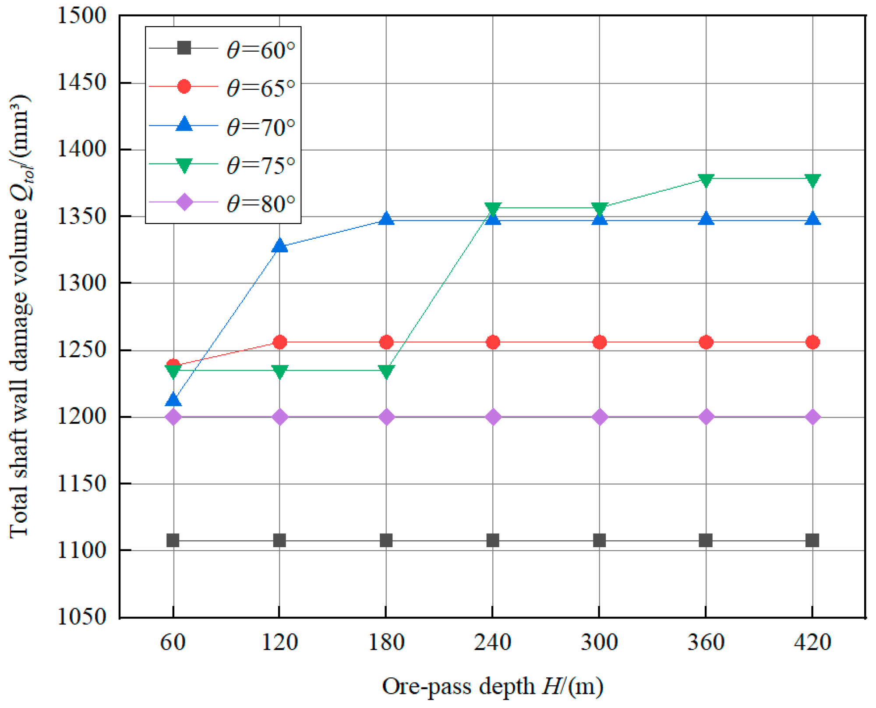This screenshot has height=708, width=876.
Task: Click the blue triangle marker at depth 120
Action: click(279, 246)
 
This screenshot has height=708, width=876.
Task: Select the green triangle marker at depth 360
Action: click(706, 180)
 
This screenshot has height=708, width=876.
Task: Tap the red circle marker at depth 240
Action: click(493, 342)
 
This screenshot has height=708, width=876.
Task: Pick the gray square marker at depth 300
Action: click(599, 540)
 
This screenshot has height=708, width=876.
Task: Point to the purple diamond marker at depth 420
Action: click(812, 417)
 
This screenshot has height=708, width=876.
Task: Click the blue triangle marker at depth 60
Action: click(173, 400)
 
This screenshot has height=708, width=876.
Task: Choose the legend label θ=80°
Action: click(261, 204)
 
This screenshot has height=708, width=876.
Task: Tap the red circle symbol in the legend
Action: click(184, 86)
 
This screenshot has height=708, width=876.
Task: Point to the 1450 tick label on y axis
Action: click(82, 82)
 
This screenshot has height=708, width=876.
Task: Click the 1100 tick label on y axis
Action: click(82, 550)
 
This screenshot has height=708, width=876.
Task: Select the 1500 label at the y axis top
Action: click(82, 16)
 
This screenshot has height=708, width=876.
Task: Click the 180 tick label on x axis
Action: click(386, 643)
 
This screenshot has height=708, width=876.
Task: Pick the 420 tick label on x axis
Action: click(812, 643)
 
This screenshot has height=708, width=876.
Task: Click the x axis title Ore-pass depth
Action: click(493, 687)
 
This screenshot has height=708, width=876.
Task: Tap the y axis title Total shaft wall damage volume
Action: click(20, 315)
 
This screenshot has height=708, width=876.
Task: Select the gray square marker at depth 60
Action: click(173, 540)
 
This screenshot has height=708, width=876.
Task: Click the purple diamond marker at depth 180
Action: click(386, 417)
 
